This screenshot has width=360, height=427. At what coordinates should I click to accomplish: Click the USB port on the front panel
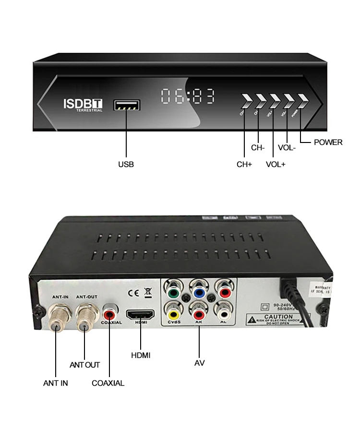(127, 105)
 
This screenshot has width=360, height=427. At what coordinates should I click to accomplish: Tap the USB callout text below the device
(126, 164)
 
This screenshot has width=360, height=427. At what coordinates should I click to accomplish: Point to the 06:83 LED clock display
(188, 96)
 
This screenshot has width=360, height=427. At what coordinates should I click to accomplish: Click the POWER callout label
(328, 142)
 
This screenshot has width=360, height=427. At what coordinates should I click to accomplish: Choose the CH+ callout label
(244, 164)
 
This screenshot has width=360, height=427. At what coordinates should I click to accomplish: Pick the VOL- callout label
(287, 148)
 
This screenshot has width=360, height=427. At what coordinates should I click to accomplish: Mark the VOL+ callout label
(276, 164)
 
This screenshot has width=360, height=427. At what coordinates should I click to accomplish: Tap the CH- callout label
(258, 148)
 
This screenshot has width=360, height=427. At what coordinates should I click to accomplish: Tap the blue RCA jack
(199, 290)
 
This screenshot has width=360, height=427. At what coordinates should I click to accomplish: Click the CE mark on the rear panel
(133, 293)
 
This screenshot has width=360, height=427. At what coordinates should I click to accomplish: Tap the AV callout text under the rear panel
(200, 363)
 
